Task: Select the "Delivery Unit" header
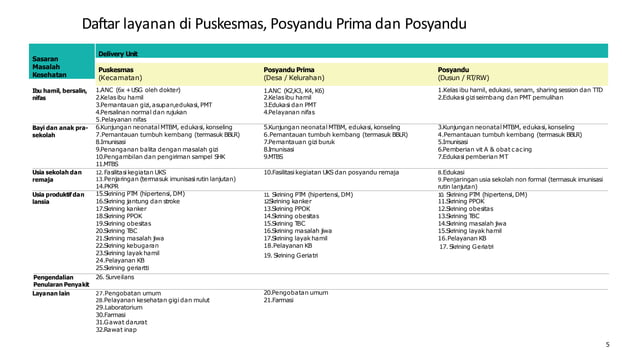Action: coord(118,53)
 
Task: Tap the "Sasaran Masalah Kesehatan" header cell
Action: coord(48,67)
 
